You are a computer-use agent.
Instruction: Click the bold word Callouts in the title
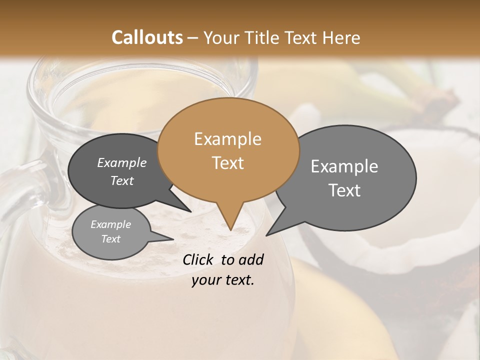[x=147, y=37]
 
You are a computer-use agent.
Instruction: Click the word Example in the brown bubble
[x=227, y=139]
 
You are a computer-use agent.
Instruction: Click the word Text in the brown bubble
[x=227, y=163]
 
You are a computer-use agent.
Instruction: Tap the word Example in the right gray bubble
[x=344, y=166]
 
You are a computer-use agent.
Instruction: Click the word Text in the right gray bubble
[x=344, y=190]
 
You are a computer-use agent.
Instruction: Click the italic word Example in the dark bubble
[x=121, y=162]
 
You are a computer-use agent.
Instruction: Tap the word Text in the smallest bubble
[x=110, y=239]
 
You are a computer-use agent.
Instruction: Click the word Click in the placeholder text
[x=198, y=259]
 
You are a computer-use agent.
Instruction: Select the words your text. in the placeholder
[x=222, y=280]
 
